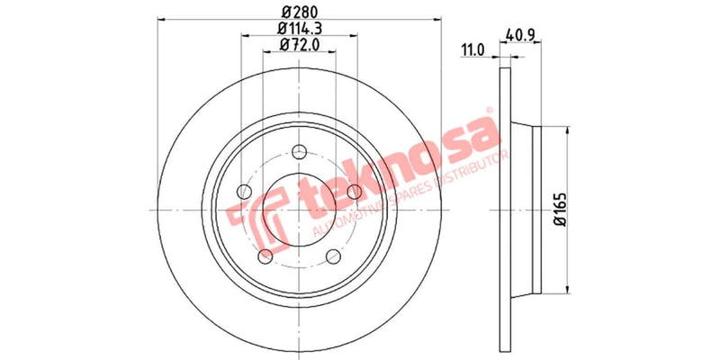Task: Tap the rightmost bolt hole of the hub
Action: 354,190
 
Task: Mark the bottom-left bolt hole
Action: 265,256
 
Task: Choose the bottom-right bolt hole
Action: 333,256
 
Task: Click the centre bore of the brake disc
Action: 299,209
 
